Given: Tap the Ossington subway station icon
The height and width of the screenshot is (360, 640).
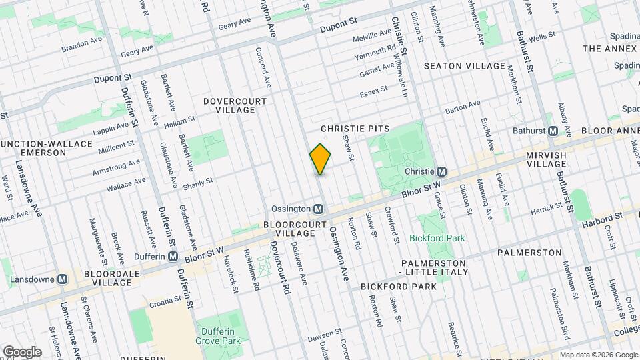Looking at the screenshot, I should (319, 209).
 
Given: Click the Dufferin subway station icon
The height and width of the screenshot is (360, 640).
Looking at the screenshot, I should (173, 257).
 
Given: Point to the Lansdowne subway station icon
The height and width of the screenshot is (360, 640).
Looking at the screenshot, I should (63, 279).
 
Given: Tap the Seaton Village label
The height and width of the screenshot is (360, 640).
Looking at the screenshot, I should (465, 66).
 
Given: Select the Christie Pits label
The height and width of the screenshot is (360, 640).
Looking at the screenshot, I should (355, 127).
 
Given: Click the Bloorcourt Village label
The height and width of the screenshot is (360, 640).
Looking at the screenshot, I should (289, 229).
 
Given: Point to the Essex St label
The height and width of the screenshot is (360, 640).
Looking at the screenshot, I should (373, 91).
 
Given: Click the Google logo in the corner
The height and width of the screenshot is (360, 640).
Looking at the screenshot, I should (23, 351).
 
